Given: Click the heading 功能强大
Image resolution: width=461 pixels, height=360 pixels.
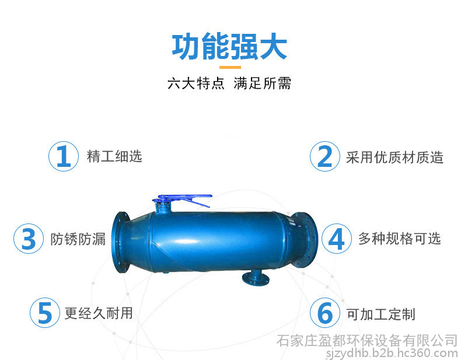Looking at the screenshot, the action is [229, 47].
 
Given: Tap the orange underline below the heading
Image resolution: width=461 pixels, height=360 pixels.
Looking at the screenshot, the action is [230, 67].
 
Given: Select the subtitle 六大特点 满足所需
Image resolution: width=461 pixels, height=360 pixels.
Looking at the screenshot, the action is [229, 83].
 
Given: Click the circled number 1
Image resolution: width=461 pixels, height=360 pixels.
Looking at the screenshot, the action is [64, 156].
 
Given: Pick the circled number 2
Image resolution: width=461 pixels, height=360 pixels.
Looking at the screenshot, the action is [325, 156].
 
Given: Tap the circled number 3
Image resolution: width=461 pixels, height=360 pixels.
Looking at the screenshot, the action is [29, 239].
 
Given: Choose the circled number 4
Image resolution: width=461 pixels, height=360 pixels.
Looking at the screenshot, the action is [337, 239].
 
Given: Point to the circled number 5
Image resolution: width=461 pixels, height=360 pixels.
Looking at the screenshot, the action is [45, 313].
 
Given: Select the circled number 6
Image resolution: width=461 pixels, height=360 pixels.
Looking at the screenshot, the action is [325, 313].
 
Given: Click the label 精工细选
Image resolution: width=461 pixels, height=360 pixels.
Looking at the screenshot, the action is [114, 156].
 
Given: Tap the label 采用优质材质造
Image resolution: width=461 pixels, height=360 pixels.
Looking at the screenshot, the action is [394, 157].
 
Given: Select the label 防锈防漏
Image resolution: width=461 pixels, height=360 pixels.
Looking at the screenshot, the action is [78, 239].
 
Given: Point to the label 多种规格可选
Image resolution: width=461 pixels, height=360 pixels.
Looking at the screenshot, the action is [400, 238].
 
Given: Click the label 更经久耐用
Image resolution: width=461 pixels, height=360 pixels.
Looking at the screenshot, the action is [99, 313].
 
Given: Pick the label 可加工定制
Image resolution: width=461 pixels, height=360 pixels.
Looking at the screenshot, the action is [380, 314].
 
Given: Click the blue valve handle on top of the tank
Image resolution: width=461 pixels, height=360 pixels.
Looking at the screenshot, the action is [182, 200].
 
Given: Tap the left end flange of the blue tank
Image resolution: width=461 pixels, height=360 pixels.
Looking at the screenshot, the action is [121, 242].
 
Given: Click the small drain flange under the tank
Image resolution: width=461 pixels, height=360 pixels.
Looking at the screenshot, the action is [256, 278].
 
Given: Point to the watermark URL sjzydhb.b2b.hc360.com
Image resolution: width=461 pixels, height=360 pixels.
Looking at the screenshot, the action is [392, 352].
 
